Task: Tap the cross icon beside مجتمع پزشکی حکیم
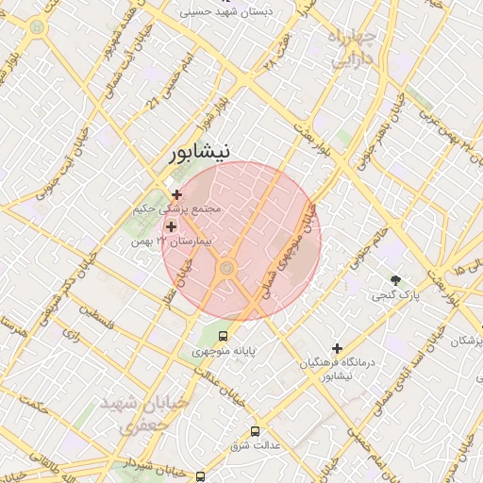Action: click(176, 194)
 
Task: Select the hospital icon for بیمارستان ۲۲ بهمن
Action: click(171, 226)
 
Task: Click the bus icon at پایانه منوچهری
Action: click(223, 336)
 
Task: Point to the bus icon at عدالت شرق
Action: click(254, 431)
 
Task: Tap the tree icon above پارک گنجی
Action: click(395, 280)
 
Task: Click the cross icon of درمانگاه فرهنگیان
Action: click(337, 348)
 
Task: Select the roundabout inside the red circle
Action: click(226, 270)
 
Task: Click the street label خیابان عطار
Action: click(181, 282)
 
